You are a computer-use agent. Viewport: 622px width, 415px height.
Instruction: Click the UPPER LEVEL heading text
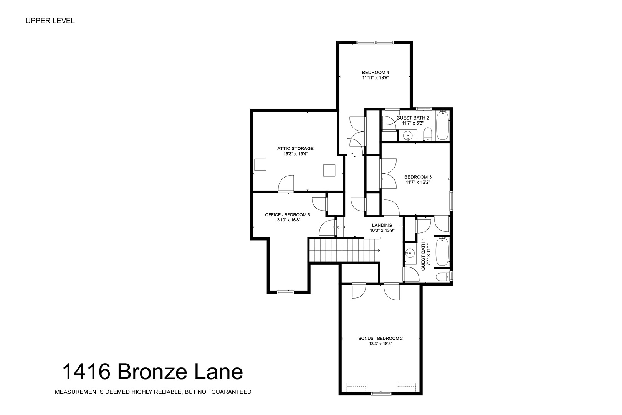[50, 21]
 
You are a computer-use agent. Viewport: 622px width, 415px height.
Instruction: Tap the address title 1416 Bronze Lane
[153, 372]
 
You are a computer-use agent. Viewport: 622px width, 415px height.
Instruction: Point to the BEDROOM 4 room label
[376, 73]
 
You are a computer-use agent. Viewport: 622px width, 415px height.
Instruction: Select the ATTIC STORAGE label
[296, 148]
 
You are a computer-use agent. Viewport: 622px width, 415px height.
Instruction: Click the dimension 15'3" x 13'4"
[296, 154]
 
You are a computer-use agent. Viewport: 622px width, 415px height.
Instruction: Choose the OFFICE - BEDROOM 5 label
[288, 214]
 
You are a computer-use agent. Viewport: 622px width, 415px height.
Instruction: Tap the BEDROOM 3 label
[418, 177]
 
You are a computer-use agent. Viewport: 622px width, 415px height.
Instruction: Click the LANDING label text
[382, 225]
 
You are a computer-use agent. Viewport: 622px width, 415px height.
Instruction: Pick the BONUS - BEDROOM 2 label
[380, 338]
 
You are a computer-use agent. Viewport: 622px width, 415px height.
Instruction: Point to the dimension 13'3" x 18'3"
[380, 344]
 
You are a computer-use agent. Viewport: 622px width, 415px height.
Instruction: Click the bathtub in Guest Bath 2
[442, 125]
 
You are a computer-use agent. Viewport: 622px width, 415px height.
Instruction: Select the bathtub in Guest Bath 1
[442, 251]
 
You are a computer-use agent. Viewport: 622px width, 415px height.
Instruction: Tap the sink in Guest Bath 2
[408, 136]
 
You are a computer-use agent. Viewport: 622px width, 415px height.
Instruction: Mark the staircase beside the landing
[345, 250]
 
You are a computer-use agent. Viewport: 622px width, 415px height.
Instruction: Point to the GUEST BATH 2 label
[413, 118]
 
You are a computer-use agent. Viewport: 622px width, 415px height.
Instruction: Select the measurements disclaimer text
[153, 392]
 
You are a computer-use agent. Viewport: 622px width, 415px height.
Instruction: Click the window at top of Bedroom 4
[375, 43]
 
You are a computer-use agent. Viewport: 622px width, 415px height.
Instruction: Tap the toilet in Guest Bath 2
[428, 134]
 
